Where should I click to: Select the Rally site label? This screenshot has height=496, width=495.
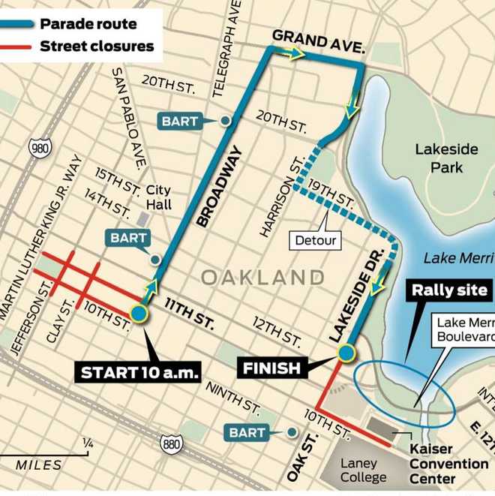450,290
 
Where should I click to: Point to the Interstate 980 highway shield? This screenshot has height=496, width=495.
40,146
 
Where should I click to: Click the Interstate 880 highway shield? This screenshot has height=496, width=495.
171,444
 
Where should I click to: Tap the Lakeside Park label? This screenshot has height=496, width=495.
446,158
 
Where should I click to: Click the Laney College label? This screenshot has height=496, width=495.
363,470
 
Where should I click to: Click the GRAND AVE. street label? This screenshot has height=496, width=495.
319,43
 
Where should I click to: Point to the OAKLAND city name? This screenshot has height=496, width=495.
262,278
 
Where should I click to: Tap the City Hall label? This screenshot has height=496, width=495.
158,197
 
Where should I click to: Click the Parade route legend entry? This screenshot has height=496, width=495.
89,23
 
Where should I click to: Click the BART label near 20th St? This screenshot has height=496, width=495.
179,120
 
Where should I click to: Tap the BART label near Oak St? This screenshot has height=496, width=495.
247,432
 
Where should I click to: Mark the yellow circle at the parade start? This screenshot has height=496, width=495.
139,314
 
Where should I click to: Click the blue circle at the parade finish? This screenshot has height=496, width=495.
346,352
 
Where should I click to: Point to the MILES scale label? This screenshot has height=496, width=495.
38,465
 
